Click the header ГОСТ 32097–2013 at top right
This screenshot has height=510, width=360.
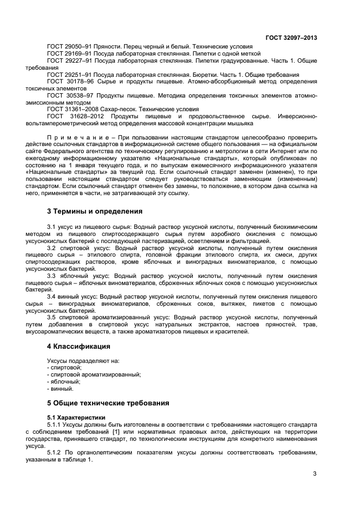(x=291, y=38)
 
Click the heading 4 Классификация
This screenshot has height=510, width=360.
(x=78, y=346)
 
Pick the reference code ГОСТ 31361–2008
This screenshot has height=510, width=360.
(x=68, y=109)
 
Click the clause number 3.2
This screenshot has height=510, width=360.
(x=53, y=248)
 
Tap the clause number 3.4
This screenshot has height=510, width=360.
(x=53, y=296)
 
